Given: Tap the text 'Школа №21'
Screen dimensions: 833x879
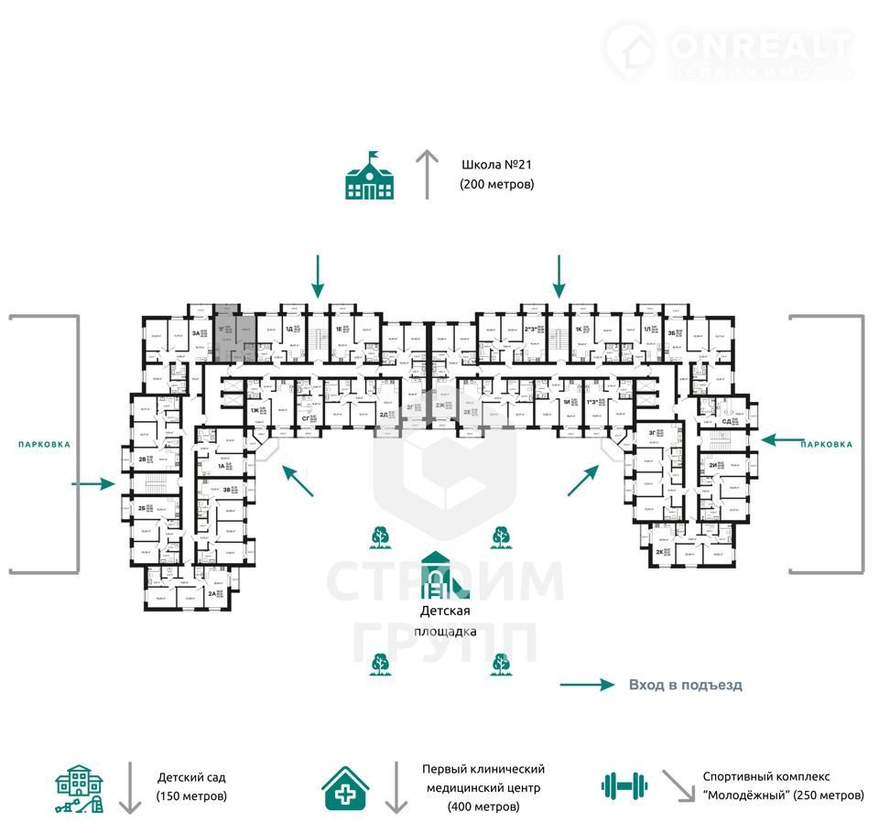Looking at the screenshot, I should pyautogui.click(x=495, y=166).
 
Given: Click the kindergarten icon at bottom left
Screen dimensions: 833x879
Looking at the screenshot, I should pyautogui.click(x=79, y=788).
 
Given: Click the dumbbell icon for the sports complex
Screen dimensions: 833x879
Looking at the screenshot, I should pyautogui.click(x=624, y=784).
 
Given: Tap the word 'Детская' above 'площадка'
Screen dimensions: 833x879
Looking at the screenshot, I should pyautogui.click(x=445, y=611).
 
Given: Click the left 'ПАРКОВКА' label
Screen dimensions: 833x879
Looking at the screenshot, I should pyautogui.click(x=43, y=444).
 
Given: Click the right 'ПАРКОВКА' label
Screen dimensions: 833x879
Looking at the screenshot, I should pyautogui.click(x=826, y=444).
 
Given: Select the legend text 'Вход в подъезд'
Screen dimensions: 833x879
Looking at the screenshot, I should pyautogui.click(x=686, y=685).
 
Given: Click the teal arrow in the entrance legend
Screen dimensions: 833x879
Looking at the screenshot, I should pyautogui.click(x=586, y=685).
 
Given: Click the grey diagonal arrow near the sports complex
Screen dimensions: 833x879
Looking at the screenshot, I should pyautogui.click(x=678, y=785).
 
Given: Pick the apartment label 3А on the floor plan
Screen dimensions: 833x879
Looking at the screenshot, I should pyautogui.click(x=195, y=334).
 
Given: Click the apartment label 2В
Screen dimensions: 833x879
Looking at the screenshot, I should pyautogui.click(x=143, y=459).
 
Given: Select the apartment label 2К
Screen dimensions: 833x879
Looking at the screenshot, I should pyautogui.click(x=659, y=552).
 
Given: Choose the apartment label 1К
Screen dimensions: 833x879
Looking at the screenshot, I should pyautogui.click(x=579, y=330).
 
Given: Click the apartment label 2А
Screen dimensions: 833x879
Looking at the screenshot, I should pyautogui.click(x=212, y=593).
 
